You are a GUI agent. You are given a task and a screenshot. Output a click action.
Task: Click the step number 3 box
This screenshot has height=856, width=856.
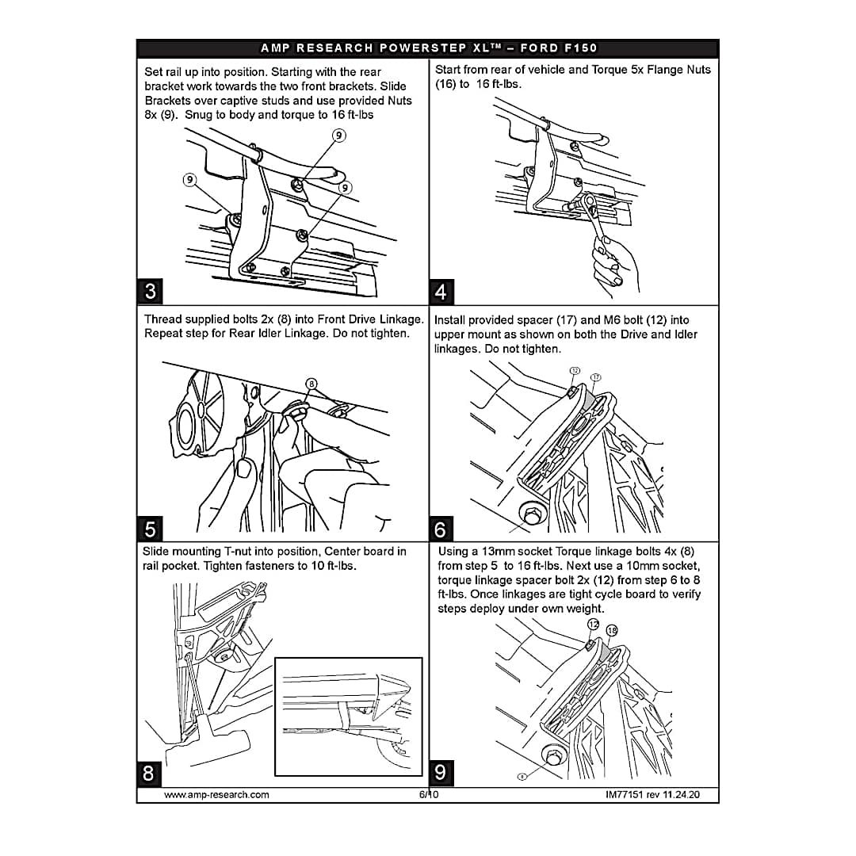150,291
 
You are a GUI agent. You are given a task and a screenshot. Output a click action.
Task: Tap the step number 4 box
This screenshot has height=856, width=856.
441,292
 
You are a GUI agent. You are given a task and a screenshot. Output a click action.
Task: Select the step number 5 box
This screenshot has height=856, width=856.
150,529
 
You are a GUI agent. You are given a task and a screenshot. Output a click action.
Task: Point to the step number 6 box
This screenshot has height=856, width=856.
441,529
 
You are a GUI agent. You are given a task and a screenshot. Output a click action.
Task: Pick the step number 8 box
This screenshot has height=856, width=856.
149,774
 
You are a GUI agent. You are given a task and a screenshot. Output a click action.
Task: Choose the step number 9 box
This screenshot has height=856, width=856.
441,773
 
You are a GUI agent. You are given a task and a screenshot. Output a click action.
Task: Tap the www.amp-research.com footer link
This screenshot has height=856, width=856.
216,795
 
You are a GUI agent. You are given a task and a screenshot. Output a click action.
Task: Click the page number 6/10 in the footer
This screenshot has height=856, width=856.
429,794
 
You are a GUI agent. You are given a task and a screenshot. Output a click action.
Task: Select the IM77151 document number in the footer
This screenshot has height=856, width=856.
624,795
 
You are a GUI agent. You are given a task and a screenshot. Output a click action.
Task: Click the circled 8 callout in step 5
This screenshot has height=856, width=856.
311,384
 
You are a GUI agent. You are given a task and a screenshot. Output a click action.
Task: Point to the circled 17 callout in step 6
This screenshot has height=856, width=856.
595,377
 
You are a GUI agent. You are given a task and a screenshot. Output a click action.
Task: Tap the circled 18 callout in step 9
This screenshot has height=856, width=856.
612,631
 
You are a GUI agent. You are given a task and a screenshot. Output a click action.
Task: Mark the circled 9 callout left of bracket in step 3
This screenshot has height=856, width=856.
189,180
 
